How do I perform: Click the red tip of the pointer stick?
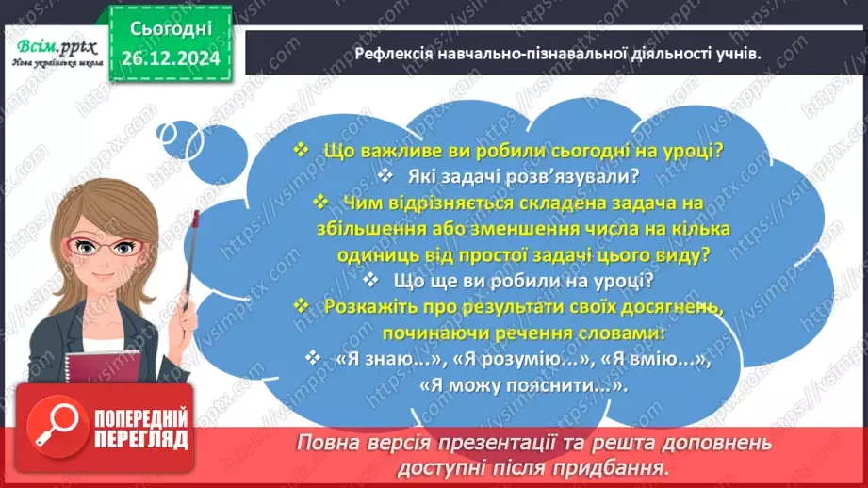tap(195, 220)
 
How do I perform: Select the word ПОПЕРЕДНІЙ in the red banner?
tap(139, 418)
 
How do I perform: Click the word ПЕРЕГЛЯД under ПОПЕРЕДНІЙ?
tap(139, 440)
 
